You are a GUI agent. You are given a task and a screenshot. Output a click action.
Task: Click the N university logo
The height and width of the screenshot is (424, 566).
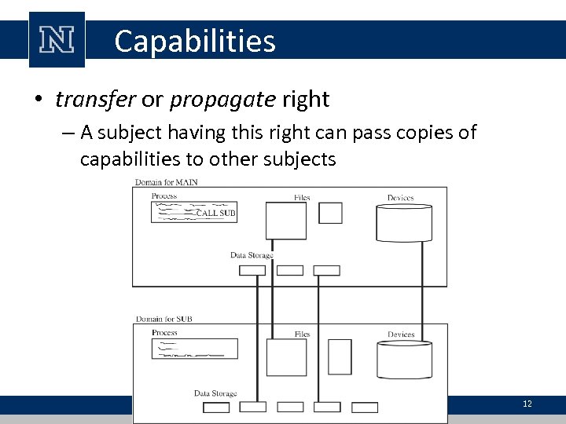coord(56,40)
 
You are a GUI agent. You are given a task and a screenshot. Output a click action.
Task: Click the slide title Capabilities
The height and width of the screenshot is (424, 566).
coord(194,41)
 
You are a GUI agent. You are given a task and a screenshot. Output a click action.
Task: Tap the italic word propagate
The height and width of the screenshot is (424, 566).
coord(222,100)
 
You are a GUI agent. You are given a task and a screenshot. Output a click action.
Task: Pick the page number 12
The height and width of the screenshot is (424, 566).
coord(527,404)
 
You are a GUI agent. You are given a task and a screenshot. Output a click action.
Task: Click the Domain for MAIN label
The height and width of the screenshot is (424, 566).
coord(166,182)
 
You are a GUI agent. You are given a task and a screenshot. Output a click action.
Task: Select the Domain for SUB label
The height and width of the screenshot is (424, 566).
coord(164,319)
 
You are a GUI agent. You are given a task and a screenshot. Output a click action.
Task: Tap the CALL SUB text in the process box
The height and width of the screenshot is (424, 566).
coord(215,213)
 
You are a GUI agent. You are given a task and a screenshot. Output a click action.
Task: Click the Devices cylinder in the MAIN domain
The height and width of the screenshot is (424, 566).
coord(405,221)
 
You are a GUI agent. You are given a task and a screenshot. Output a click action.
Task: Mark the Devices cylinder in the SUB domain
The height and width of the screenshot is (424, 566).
coord(405,359)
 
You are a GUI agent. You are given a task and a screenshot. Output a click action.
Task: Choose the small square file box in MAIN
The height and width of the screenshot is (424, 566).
coord(330,213)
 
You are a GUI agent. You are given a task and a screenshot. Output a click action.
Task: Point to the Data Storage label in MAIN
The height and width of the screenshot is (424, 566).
coord(252,255)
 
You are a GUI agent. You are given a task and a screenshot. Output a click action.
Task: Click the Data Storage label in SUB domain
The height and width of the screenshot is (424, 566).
coord(215,393)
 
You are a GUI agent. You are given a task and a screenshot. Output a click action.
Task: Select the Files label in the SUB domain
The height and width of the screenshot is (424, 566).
coord(302,334)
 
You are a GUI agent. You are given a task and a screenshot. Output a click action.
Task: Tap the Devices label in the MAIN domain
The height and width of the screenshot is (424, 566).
coord(400,198)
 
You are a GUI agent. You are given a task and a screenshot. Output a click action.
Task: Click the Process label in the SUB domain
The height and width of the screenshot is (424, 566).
coord(164,333)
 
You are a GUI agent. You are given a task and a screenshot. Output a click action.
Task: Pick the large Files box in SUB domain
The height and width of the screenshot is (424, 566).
coord(286,357)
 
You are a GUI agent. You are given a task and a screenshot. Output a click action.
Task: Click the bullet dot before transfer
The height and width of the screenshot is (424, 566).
coord(37,101)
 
